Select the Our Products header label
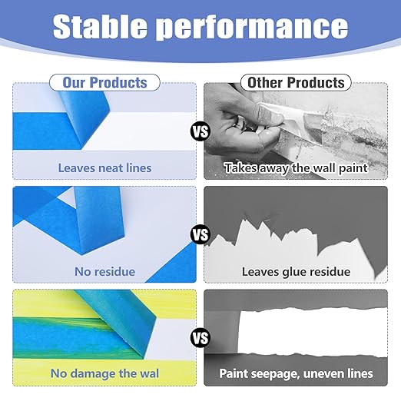104,82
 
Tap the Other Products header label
295,82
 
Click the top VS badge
200,132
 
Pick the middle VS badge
200,234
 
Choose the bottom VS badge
200,336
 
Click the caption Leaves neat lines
104,167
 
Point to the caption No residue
104,271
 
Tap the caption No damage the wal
104,373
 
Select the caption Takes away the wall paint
295,167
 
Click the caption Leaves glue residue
295,271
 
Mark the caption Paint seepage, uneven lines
295,373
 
